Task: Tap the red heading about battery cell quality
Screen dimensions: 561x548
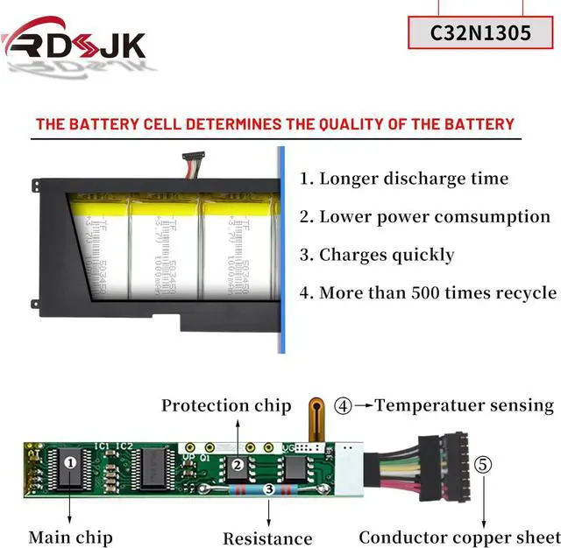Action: point(274,123)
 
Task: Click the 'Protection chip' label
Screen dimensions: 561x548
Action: point(226,405)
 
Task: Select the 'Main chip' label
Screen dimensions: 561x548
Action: point(70,536)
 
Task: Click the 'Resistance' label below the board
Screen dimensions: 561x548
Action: point(267,537)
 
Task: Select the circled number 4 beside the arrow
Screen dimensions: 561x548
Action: point(344,405)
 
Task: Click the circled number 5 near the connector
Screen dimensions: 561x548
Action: point(483,465)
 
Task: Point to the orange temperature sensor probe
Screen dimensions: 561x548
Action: point(316,418)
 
